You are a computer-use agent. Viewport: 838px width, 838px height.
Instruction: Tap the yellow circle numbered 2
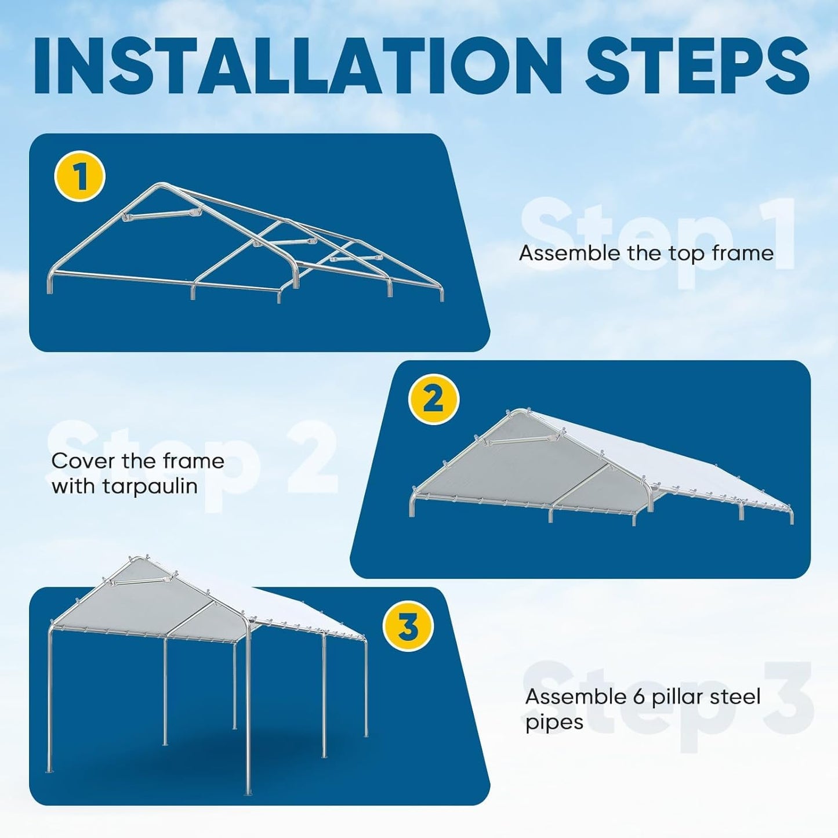click(x=434, y=400)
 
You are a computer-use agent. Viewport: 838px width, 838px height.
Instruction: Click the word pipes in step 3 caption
click(x=554, y=723)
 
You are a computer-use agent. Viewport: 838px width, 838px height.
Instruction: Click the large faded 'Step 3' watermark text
click(x=667, y=705)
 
